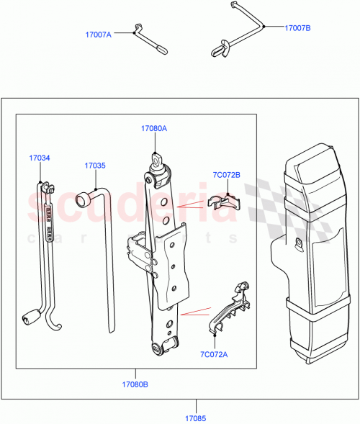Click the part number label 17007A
(x=99, y=34)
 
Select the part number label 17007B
(x=297, y=28)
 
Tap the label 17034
(x=40, y=158)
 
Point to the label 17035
(x=94, y=166)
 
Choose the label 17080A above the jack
(x=153, y=129)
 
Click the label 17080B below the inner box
(x=135, y=384)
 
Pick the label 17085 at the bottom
(x=194, y=417)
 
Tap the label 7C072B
(x=227, y=175)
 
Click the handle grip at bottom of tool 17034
(x=32, y=316)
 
